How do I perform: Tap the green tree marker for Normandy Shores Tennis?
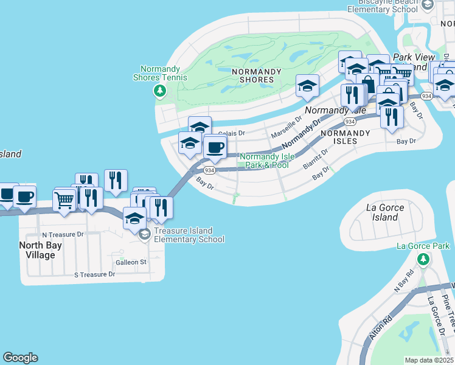pos(159,91)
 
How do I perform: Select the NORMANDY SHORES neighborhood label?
pos(257,75)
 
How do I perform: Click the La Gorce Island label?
pos(384,212)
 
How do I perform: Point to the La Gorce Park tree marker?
pos(423,259)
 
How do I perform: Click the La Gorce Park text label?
pos(423,246)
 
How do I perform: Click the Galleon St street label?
pos(131,262)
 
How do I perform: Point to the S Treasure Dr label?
pos(94,275)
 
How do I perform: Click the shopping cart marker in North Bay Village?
pos(64,199)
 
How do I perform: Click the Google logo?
pos(20,358)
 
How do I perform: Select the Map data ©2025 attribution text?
pos(429,360)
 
